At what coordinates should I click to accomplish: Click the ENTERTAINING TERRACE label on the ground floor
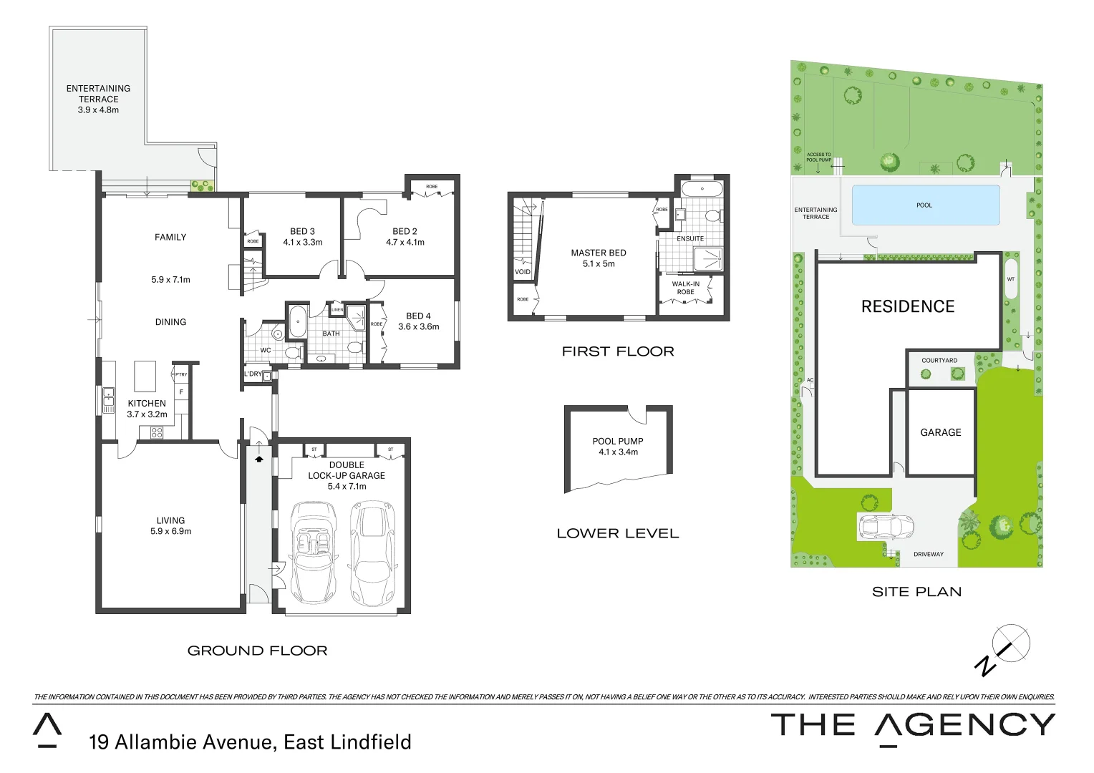[x=98, y=94]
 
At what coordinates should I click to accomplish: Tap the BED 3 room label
[x=302, y=231]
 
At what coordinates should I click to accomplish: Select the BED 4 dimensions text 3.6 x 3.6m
[x=419, y=326]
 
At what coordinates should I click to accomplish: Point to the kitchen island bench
[x=145, y=376]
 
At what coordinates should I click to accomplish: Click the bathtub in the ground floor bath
[x=297, y=322]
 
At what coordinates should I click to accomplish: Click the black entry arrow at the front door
[x=258, y=459]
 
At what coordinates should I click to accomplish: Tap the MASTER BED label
[x=599, y=253]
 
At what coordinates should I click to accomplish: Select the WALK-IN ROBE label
[x=685, y=288]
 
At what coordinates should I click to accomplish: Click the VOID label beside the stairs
[x=523, y=272]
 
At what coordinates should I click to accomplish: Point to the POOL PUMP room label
[x=618, y=441]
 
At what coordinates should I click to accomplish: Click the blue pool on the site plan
[x=925, y=205]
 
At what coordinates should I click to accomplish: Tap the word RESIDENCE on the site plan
[x=908, y=306]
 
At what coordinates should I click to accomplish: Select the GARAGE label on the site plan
[x=941, y=432]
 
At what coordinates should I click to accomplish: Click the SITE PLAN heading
[x=916, y=591]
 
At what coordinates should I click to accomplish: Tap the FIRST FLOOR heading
[x=618, y=351]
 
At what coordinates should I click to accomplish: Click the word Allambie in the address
[x=155, y=742]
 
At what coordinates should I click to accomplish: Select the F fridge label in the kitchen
[x=181, y=392]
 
